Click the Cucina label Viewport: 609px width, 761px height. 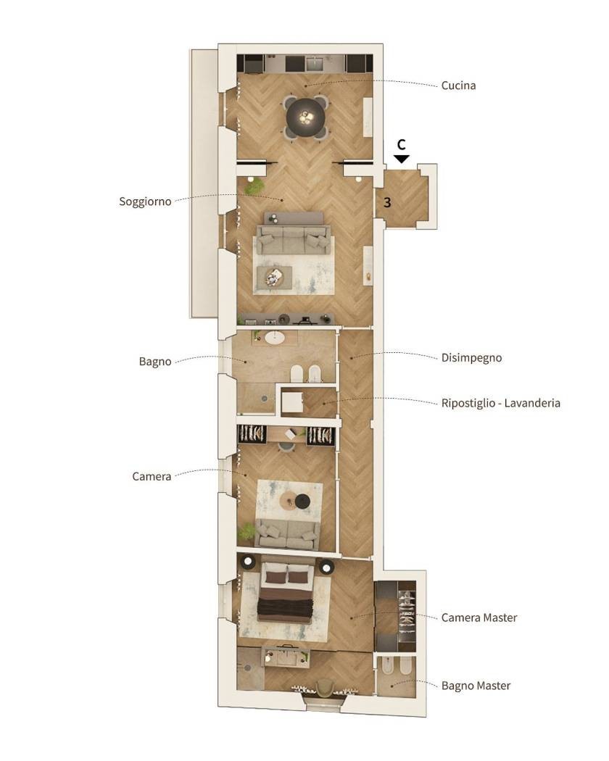click(458, 86)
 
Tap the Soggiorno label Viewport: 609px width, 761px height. click(145, 201)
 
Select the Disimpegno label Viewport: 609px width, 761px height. click(471, 358)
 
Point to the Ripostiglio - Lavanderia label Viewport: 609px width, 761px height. click(501, 403)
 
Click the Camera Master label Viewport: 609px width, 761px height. click(478, 617)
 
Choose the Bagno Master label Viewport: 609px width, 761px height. click(476, 686)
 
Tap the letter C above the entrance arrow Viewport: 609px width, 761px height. click(401, 145)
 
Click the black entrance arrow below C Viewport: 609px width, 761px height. click(402, 159)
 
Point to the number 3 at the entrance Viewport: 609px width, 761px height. click(387, 202)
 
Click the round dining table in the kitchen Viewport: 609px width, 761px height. click(305, 117)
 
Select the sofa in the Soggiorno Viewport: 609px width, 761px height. click(294, 239)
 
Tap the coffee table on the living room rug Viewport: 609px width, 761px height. click(274, 277)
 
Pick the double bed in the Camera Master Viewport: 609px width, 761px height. click(286, 593)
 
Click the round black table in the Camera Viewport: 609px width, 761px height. click(303, 501)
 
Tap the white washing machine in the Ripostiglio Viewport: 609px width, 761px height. click(292, 402)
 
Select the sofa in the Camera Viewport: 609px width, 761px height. click(288, 534)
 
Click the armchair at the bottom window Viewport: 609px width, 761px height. click(325, 688)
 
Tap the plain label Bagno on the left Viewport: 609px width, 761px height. click(155, 362)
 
